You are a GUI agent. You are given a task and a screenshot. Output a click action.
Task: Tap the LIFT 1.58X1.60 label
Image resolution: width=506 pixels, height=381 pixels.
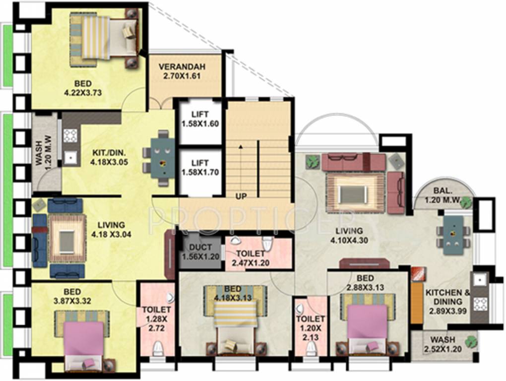coord(200,120)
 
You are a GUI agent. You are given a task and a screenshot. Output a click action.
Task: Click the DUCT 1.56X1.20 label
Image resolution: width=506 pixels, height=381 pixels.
coord(200,252)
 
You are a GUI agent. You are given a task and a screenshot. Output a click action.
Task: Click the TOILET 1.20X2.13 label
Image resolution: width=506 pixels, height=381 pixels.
coord(311,328)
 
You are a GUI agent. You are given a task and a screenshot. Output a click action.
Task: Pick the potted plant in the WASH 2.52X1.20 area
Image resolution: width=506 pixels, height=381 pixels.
coord(470,341)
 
